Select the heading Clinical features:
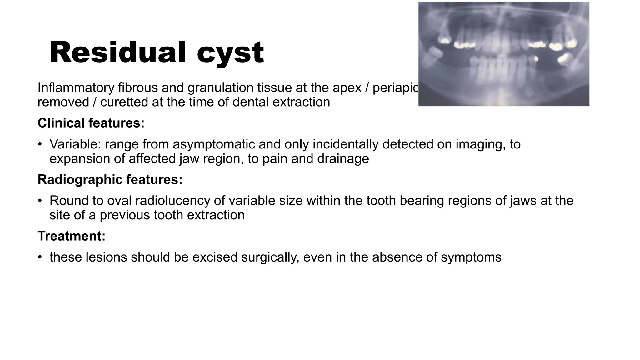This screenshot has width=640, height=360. click(x=91, y=123)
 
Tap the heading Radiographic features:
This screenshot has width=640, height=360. click(x=110, y=179)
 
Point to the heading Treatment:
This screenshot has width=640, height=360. click(x=72, y=236)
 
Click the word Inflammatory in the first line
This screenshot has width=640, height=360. click(x=76, y=87)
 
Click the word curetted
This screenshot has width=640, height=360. click(x=124, y=102)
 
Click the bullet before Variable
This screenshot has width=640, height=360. click(x=40, y=144)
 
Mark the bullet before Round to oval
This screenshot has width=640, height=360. click(x=40, y=201)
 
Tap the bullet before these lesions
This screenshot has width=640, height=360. click(x=40, y=257)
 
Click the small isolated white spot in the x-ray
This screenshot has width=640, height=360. click(x=536, y=58)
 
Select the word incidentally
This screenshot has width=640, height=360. click(x=345, y=144)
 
